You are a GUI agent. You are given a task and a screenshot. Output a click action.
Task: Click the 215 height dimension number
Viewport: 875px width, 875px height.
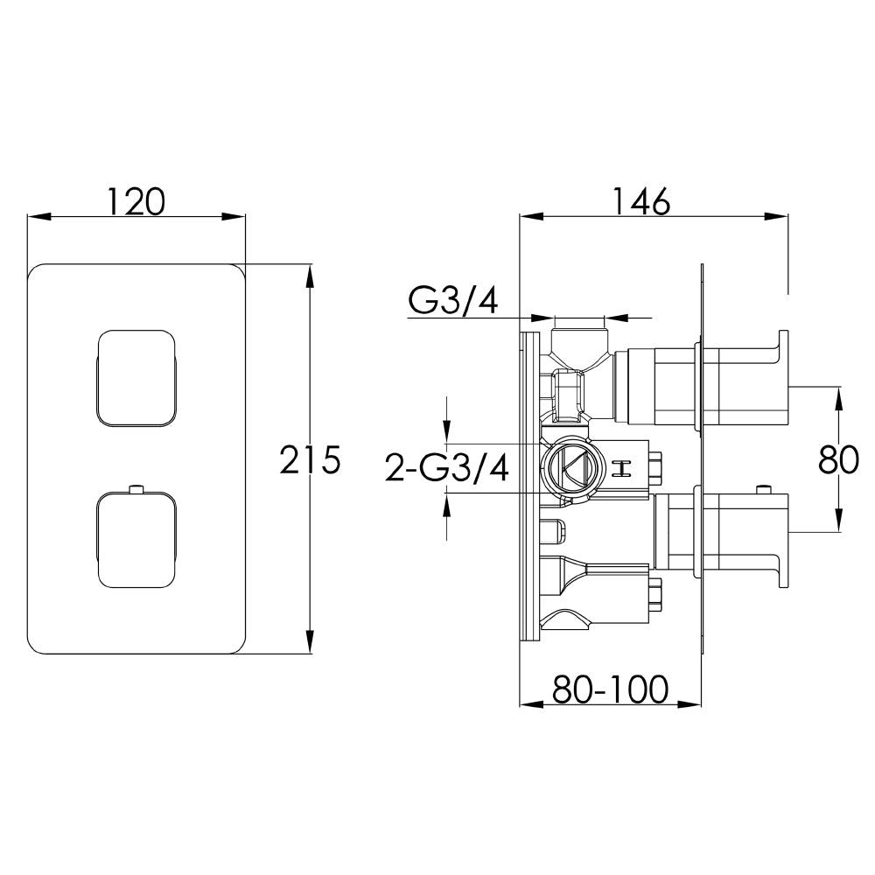point(310,460)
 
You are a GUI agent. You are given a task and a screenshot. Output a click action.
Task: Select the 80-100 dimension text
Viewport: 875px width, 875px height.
point(611,689)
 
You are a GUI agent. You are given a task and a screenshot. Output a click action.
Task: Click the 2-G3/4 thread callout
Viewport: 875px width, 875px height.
point(447,469)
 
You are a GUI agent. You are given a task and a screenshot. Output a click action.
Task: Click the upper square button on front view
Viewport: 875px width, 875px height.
point(136,379)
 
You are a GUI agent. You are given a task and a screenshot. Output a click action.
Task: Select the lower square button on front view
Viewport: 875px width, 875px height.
point(136,539)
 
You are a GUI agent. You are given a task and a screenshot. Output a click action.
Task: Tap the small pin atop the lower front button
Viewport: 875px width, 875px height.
point(136,487)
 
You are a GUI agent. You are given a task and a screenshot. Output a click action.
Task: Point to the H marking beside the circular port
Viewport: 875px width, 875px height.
point(624,469)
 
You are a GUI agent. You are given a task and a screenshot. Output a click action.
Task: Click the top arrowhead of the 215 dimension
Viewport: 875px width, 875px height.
point(310,273)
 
